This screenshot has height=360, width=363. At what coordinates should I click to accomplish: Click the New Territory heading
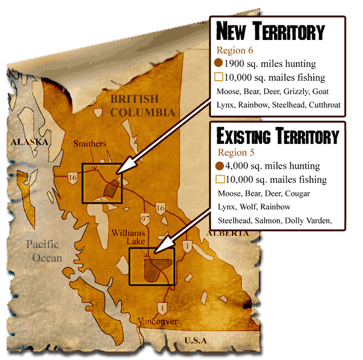tap(269, 31)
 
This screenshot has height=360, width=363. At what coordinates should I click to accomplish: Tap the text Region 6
tap(233, 50)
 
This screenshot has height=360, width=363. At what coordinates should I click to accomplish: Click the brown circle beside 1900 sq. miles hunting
tap(218, 63)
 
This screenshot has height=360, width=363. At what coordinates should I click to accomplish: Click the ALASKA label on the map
tap(30, 142)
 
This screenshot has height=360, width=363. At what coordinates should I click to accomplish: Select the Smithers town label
tap(90, 144)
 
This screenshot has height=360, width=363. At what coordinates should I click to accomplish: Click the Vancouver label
tap(158, 321)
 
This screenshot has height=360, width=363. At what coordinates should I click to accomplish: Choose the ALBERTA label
tap(228, 233)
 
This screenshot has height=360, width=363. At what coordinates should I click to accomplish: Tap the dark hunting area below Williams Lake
tap(155, 269)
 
